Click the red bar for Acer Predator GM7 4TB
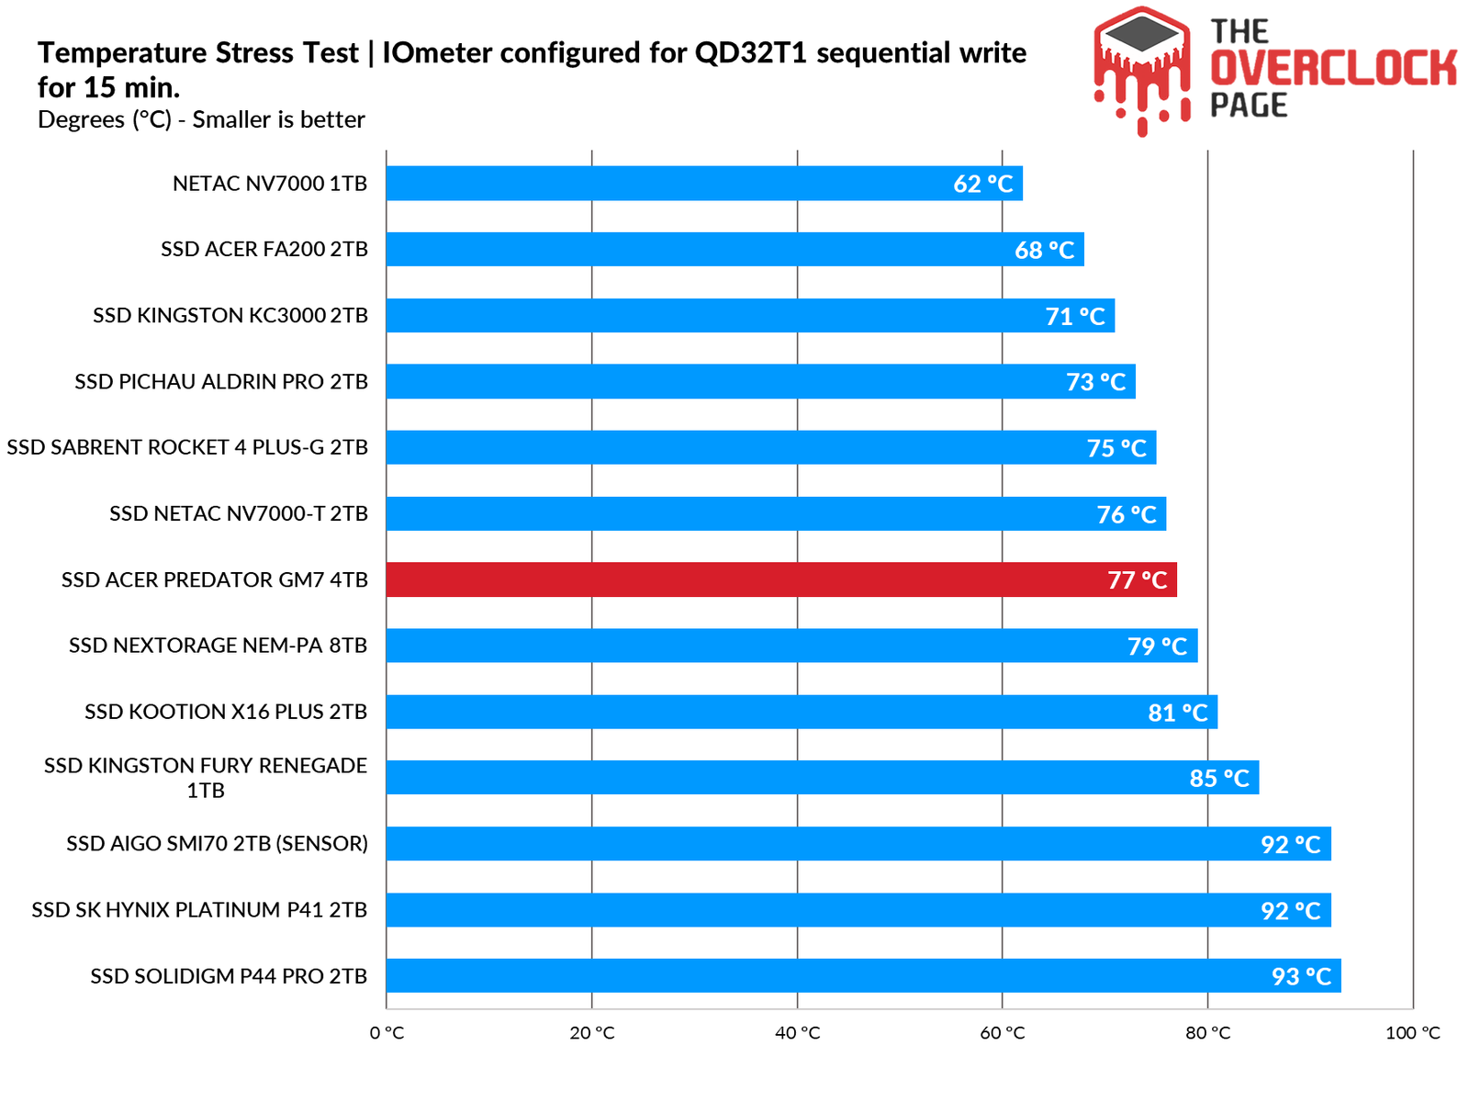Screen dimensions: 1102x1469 (780, 579)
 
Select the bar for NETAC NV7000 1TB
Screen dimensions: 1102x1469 (703, 183)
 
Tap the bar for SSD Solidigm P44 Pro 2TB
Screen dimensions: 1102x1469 (863, 975)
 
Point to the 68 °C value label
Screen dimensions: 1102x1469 (1044, 250)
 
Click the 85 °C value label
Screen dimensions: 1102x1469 (1219, 778)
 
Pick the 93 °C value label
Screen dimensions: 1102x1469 (1301, 976)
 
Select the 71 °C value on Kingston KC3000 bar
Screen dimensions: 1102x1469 (1075, 316)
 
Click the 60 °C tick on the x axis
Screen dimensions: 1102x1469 (1002, 1033)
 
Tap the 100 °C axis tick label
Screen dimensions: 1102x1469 (1412, 1033)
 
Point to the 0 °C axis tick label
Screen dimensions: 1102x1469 (387, 1033)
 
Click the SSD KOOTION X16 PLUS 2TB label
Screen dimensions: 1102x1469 (226, 712)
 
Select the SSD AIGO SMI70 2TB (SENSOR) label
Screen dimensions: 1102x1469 (217, 843)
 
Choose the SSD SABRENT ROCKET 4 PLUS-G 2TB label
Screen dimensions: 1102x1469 (187, 447)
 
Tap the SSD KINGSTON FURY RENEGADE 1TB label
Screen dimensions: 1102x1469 (206, 778)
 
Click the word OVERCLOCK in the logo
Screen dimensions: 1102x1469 (1333, 69)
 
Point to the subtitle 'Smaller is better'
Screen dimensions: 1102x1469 (278, 120)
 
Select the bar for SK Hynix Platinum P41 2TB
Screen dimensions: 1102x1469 (858, 909)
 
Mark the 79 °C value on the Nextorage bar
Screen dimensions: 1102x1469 (1157, 647)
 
